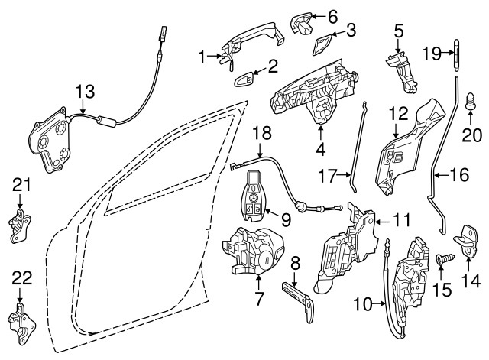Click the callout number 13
tap(85, 92)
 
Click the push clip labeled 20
tap(471, 102)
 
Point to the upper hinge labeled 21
tap(19, 225)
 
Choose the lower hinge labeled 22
tap(21, 323)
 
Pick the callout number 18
tap(262, 133)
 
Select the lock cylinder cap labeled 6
tap(302, 24)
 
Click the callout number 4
tap(321, 149)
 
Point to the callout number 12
tap(399, 114)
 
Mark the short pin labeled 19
tap(457, 56)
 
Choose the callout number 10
tap(363, 304)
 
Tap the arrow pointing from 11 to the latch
tap(383, 222)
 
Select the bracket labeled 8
tap(298, 300)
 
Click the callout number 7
tap(259, 298)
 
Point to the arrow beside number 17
tap(345, 175)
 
